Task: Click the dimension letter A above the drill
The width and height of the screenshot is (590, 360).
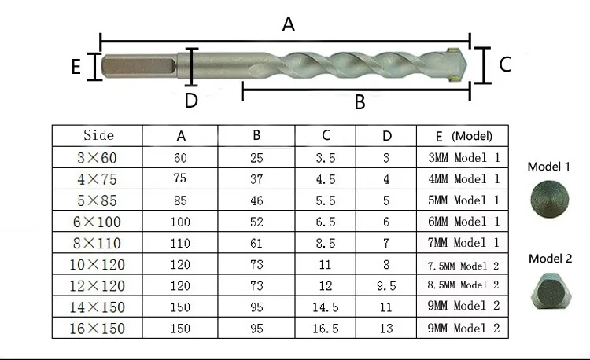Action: [x=288, y=24]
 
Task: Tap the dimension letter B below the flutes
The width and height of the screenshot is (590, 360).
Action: [x=360, y=102]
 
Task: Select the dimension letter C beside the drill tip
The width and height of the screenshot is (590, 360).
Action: [x=505, y=64]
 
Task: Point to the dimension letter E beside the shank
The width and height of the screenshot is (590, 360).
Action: [x=76, y=67]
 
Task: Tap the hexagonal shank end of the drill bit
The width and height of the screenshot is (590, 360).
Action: [x=138, y=66]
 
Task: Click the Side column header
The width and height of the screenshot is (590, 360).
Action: [x=98, y=135]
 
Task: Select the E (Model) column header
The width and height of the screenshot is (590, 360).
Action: [x=463, y=136]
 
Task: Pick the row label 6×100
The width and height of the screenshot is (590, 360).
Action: [x=97, y=222]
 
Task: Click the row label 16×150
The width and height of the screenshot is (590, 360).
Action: [x=97, y=329]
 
